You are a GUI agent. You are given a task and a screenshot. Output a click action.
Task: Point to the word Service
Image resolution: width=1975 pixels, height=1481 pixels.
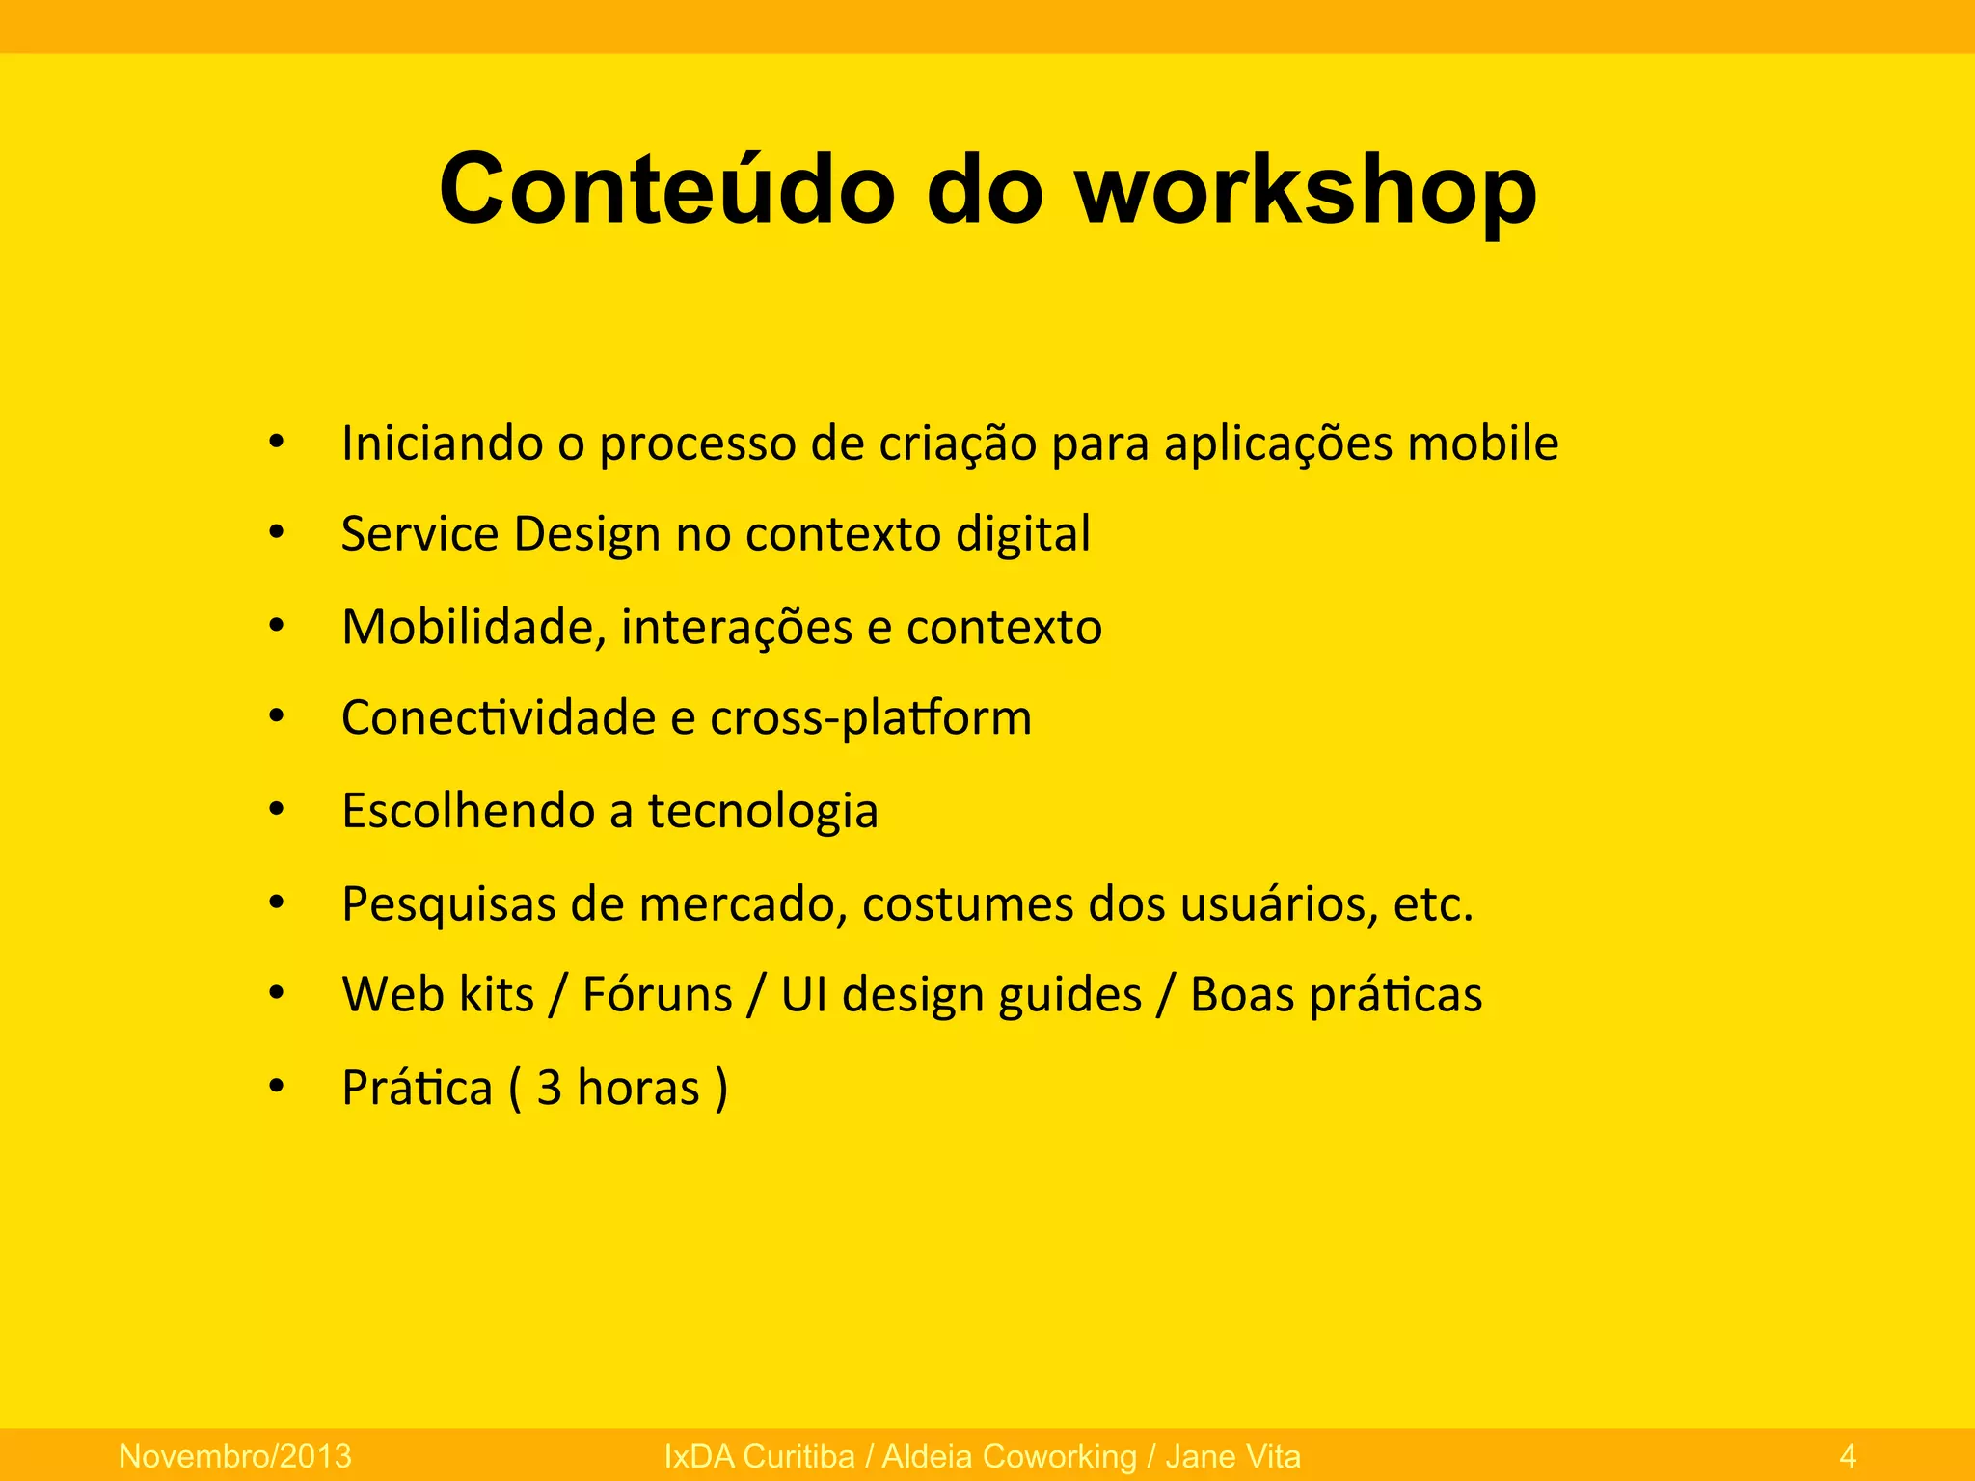coord(419,533)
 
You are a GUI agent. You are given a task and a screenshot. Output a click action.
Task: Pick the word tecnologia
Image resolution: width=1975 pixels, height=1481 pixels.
coord(762,811)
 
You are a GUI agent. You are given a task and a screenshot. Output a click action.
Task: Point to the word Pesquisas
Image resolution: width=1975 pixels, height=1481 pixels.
coord(448,904)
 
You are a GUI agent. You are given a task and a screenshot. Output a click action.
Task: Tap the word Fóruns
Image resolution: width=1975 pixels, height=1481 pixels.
coord(657,994)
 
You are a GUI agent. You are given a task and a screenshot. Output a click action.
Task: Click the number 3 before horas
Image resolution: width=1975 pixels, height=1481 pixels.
coord(550,1088)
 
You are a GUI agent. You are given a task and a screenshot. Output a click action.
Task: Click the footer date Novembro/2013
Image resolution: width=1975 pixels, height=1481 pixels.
coord(234,1456)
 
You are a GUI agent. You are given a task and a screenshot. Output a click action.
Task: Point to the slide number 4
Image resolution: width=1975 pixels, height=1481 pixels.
coord(1848,1456)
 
